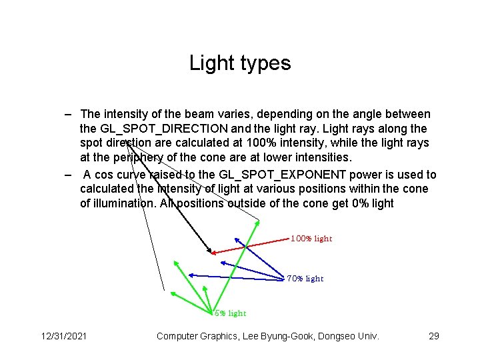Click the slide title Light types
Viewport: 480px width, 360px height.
[240, 63]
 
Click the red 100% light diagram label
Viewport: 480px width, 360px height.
[311, 239]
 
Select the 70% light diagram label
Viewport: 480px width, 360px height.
[305, 279]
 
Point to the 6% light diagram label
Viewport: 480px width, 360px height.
[231, 313]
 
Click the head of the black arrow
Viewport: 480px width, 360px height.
[210, 252]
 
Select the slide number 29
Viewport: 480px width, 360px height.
[433, 336]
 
